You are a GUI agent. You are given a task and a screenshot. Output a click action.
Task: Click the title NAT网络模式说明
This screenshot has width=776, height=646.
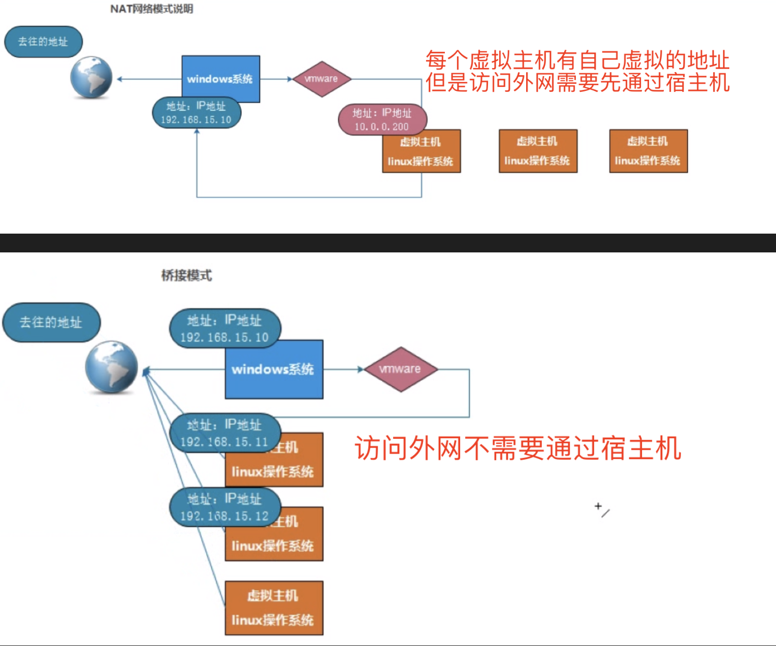[151, 9]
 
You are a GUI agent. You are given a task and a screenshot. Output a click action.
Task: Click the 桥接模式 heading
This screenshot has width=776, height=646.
[186, 275]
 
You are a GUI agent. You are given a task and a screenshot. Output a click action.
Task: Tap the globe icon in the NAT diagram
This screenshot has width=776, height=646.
[91, 77]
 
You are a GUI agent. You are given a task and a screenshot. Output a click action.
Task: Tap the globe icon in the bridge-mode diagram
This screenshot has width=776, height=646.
[112, 367]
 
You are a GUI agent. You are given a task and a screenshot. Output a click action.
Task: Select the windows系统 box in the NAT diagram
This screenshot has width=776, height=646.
[221, 79]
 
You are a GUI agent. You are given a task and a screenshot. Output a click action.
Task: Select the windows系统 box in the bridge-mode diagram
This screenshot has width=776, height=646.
[274, 369]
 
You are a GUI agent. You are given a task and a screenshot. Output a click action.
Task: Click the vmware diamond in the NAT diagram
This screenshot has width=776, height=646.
[321, 79]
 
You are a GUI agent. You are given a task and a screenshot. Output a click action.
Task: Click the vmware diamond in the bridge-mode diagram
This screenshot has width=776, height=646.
[400, 369]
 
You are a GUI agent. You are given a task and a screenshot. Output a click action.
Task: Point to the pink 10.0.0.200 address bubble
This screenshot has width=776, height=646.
[382, 119]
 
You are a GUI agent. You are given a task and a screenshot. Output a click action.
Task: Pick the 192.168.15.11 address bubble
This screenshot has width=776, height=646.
[224, 433]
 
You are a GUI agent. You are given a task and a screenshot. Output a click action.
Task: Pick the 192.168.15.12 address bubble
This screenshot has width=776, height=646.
[224, 507]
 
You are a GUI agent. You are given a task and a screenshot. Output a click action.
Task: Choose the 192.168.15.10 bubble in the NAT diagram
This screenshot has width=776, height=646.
[196, 113]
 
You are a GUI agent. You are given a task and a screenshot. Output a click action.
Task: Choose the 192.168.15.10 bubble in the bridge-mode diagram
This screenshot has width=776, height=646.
[224, 328]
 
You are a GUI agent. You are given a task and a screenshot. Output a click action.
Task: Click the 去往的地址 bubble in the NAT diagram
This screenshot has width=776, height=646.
[43, 42]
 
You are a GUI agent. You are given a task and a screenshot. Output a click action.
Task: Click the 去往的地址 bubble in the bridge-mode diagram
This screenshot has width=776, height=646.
[51, 322]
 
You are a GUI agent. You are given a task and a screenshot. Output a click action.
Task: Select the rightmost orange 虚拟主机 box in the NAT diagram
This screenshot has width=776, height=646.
[648, 151]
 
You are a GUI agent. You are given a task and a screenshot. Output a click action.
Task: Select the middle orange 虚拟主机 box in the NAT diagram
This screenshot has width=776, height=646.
[538, 151]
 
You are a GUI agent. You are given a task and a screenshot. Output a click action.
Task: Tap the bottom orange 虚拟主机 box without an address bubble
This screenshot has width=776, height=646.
[274, 608]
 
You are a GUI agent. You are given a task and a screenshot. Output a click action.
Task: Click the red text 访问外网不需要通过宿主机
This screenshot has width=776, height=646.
[518, 448]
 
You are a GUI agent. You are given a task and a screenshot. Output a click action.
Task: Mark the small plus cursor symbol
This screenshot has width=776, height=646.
[598, 506]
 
